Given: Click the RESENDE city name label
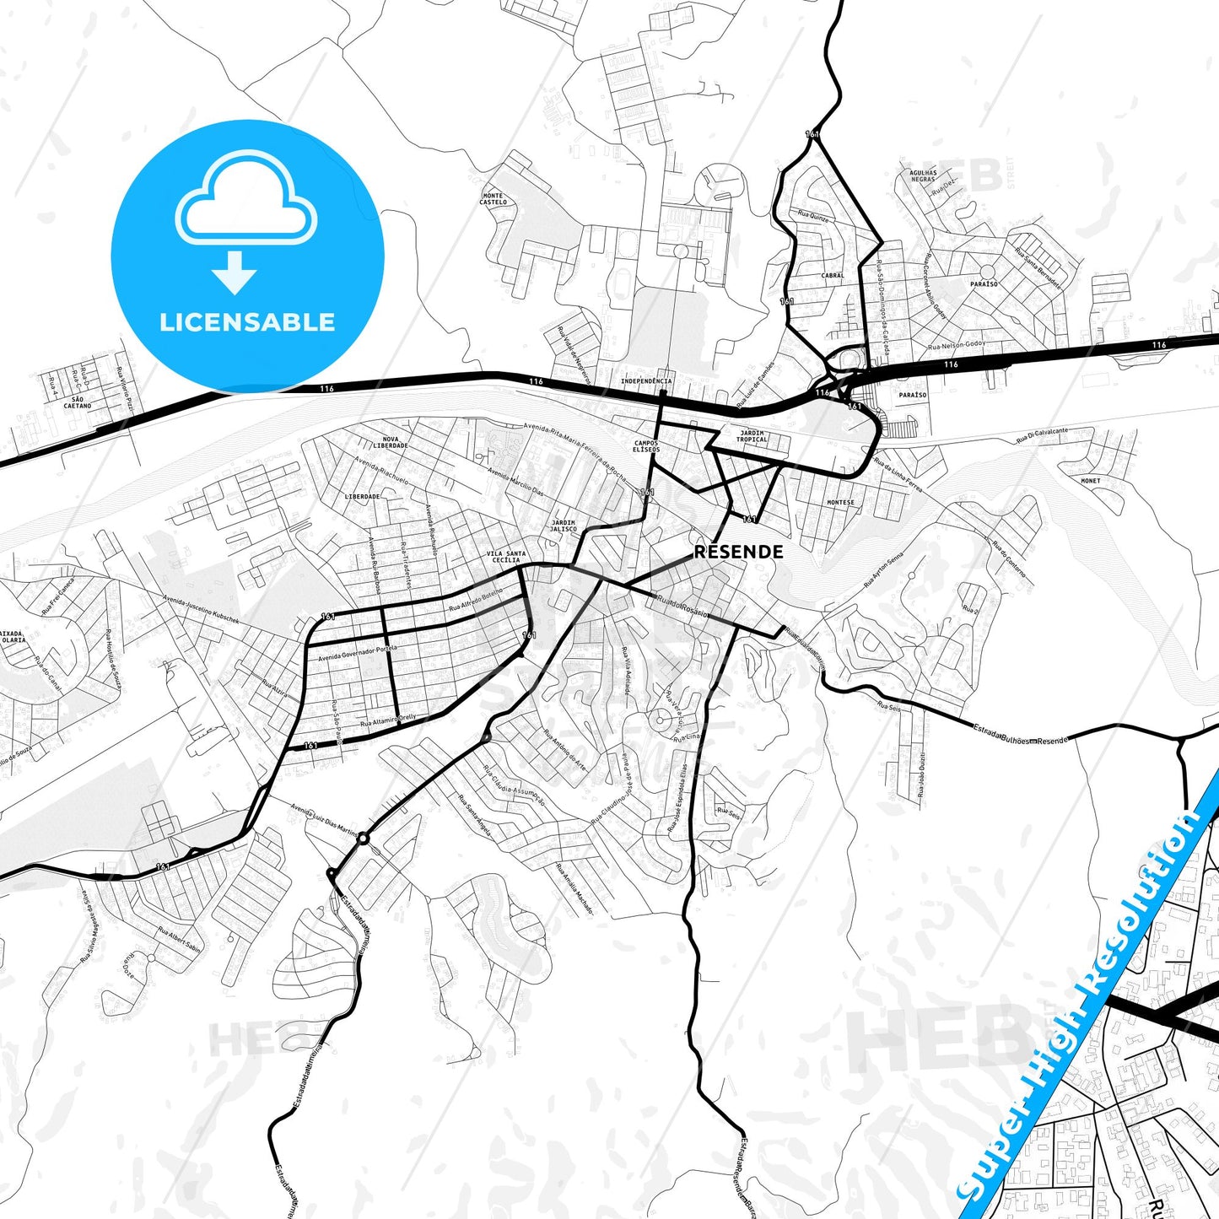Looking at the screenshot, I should (x=738, y=552).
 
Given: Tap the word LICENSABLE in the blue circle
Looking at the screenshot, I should (x=247, y=322).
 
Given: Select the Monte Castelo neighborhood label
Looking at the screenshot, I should (x=494, y=199).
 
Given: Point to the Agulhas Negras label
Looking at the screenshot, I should (x=923, y=175).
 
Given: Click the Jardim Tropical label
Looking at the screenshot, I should (x=752, y=436).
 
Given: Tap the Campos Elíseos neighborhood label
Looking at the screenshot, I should (x=646, y=445).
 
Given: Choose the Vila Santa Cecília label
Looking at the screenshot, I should (x=506, y=557).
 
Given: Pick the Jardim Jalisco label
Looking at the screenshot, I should (x=564, y=526).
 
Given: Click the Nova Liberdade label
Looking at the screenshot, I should (x=391, y=442).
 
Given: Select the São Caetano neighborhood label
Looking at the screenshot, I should (x=78, y=402).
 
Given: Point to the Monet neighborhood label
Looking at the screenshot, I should (x=1091, y=481).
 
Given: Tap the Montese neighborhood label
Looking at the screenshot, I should (x=840, y=503).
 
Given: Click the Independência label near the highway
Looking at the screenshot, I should (x=646, y=381).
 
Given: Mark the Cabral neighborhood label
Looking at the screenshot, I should (x=833, y=276).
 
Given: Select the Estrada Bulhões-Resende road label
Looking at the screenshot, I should (x=1020, y=734).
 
